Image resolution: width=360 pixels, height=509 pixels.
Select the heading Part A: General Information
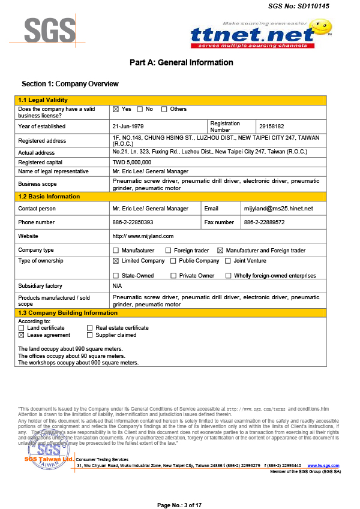pyautogui.click(x=181, y=62)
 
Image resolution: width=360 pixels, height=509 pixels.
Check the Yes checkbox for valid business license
pyautogui.click(x=116, y=110)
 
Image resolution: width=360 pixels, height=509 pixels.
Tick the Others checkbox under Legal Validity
pyautogui.click(x=164, y=110)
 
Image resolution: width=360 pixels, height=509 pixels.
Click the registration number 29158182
pyautogui.click(x=271, y=127)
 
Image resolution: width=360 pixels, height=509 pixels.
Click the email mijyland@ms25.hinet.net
pyautogui.click(x=278, y=209)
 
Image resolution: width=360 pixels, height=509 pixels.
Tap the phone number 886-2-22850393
pyautogui.click(x=137, y=222)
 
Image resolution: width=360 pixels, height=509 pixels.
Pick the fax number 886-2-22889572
pyautogui.click(x=264, y=222)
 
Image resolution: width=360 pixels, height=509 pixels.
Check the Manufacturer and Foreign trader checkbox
pyautogui.click(x=220, y=251)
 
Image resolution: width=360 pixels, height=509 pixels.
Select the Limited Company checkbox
pyautogui.click(x=116, y=261)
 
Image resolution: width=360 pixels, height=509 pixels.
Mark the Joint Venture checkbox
pyautogui.click(x=228, y=261)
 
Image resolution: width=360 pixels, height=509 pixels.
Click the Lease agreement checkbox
pyautogui.click(x=22, y=336)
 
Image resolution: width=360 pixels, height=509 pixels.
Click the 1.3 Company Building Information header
pyautogui.click(x=68, y=313)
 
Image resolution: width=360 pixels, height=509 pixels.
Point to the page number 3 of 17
pyautogui.click(x=179, y=505)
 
